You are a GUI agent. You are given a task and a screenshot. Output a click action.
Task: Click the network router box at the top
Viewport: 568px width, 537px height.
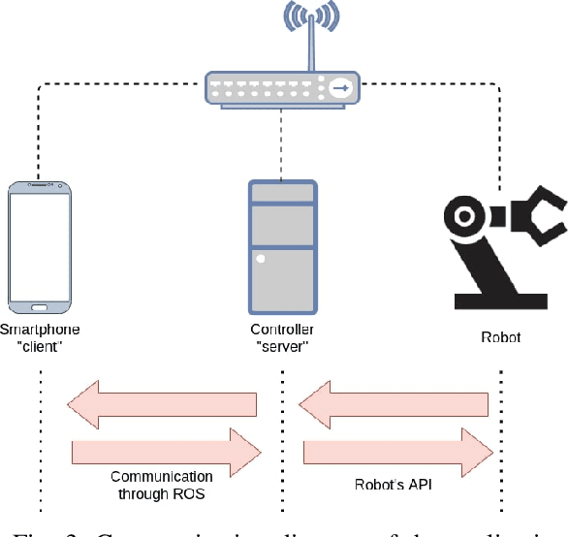click(x=280, y=88)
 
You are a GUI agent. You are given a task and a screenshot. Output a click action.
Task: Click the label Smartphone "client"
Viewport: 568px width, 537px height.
click(x=41, y=337)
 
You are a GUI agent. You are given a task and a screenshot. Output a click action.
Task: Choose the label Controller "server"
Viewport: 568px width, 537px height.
click(x=282, y=337)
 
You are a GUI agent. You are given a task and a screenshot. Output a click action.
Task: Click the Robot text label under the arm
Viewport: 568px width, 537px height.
click(x=500, y=337)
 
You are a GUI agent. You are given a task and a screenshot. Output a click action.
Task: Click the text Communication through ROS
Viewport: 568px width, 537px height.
click(x=161, y=485)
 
